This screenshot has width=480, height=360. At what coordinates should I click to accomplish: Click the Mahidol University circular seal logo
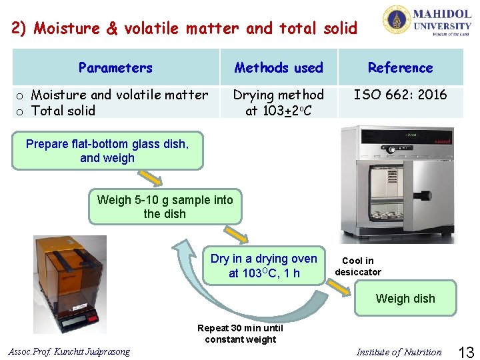tap(397, 20)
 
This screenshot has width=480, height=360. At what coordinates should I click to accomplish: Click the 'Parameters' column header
tap(115, 67)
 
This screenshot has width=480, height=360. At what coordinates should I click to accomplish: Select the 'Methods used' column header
tap(279, 67)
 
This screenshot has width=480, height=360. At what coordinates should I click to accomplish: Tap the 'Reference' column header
tap(400, 67)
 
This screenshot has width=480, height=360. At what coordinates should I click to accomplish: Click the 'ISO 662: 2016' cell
tap(400, 95)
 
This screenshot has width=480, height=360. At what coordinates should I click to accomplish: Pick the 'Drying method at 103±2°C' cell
tap(279, 103)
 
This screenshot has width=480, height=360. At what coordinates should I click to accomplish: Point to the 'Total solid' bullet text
tap(63, 111)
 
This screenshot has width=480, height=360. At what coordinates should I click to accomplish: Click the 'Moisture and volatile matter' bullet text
tap(119, 95)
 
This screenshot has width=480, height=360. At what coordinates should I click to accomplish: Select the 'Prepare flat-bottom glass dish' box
tap(107, 151)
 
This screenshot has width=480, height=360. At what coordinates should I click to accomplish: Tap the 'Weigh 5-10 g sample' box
tap(165, 207)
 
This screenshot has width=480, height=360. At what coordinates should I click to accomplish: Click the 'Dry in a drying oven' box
tap(264, 266)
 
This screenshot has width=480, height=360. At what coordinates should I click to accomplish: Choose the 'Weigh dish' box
tap(405, 299)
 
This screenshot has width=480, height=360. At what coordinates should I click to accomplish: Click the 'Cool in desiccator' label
tap(358, 266)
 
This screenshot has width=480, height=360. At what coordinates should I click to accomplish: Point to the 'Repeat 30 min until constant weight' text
tap(240, 333)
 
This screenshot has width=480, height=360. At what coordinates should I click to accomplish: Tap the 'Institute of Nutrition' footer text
tap(399, 352)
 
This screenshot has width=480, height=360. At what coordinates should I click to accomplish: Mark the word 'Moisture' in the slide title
tap(65, 28)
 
